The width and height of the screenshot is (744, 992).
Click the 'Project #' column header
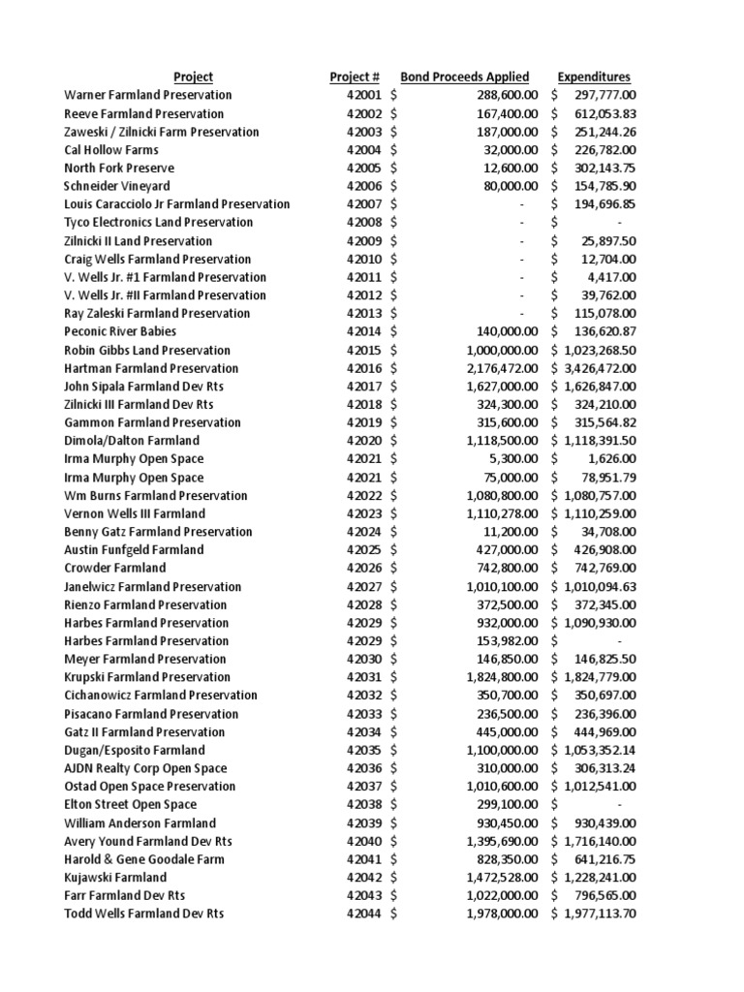tap(355, 77)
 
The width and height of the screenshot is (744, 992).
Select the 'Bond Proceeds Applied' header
tap(464, 77)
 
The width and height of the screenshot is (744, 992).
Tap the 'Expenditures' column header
tap(594, 77)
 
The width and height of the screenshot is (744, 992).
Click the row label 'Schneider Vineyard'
tap(117, 186)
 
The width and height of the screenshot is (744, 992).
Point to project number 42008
tap(364, 223)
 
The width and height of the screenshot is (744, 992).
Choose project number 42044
tap(364, 914)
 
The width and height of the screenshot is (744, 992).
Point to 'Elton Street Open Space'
tap(130, 805)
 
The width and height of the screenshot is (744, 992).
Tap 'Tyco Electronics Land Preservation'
tap(159, 223)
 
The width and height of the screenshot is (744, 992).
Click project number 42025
tap(364, 550)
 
